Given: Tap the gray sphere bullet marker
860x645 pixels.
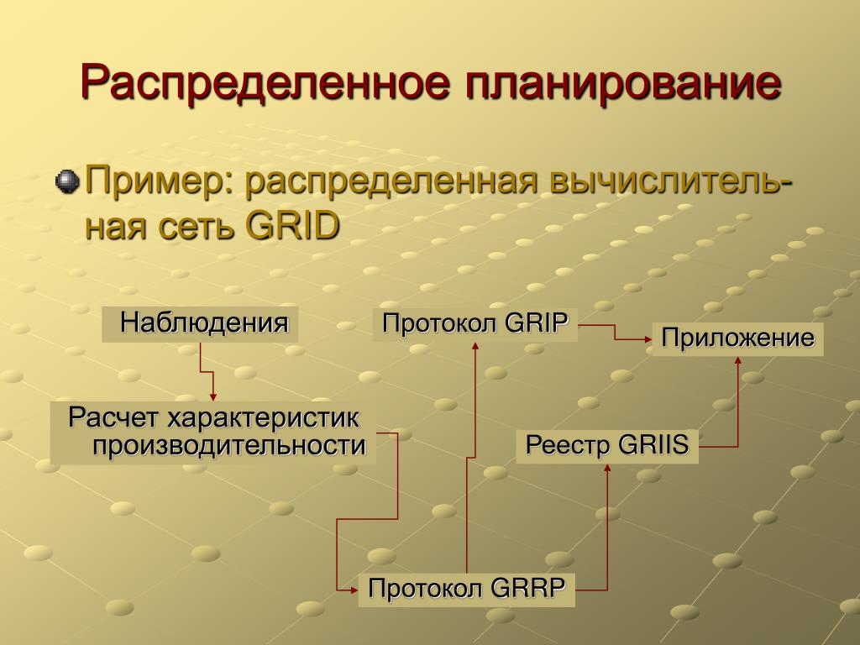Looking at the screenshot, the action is coord(67,181).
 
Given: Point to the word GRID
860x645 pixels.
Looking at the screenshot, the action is coord(293,225).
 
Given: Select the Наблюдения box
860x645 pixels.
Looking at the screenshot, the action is coord(200,324).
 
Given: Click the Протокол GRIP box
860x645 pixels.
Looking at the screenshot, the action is coord(475,324).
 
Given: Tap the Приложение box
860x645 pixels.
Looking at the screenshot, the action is coord(737,338).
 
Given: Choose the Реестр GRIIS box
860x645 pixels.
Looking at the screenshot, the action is coord(607,446).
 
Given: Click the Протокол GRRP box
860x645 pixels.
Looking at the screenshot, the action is coord(466,590).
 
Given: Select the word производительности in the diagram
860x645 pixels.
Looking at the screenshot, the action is coord(228,446).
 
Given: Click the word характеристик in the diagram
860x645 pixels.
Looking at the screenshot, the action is coord(263,418).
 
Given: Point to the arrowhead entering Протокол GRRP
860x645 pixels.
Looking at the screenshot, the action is coord(354,590).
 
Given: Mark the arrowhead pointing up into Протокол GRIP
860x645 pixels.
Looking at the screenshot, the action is coord(475,345).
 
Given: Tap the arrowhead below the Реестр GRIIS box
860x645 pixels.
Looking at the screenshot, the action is coord(607,467).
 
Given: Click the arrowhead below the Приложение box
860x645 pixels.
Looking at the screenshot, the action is coord(737,359).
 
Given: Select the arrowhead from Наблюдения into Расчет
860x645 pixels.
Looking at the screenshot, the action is coord(213,397).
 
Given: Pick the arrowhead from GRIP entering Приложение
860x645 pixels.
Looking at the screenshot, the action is coord(648,339).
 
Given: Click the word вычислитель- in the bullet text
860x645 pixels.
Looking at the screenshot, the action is coord(670,182).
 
